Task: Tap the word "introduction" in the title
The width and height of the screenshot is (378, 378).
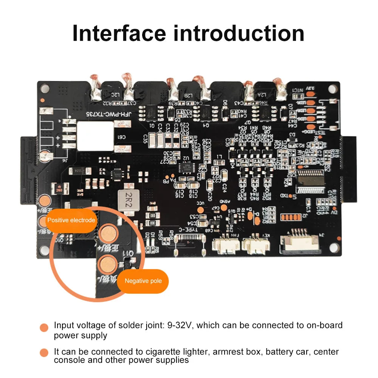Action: [x=239, y=33]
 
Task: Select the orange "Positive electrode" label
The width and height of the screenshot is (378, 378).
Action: [x=71, y=220]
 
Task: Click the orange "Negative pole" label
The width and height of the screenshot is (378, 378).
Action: [x=143, y=281]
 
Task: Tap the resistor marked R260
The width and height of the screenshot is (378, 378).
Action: [x=59, y=188]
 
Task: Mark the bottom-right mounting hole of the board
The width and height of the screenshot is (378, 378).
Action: [x=333, y=248]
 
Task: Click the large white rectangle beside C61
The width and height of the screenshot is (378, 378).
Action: [x=95, y=136]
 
